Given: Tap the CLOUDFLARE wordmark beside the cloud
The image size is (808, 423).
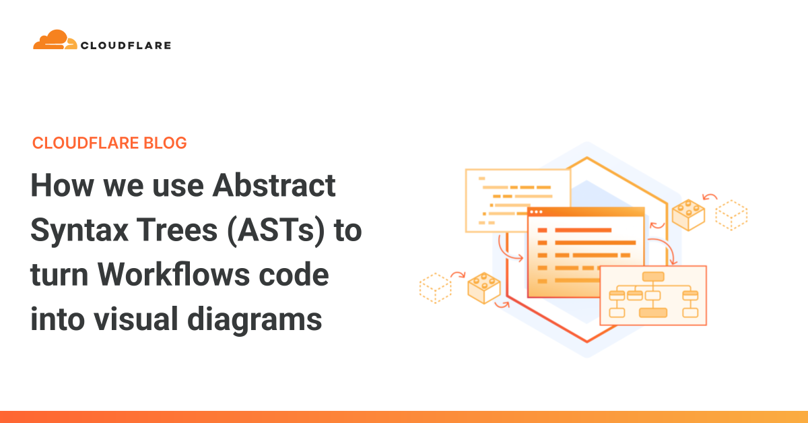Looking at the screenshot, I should (126, 46).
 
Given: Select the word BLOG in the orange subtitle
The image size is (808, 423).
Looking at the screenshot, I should (166, 143).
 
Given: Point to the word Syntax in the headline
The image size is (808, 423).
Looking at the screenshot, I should (79, 231).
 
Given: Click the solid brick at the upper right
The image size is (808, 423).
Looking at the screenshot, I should (688, 215).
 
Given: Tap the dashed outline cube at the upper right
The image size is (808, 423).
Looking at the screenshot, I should (731, 214).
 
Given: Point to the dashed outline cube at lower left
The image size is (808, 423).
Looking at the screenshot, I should (435, 288).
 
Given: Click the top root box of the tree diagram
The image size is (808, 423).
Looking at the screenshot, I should (653, 276).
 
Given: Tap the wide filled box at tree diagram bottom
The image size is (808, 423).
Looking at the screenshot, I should (653, 313).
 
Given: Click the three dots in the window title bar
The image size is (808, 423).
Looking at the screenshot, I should (540, 213).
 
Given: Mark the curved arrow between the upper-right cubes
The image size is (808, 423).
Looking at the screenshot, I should (710, 197).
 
